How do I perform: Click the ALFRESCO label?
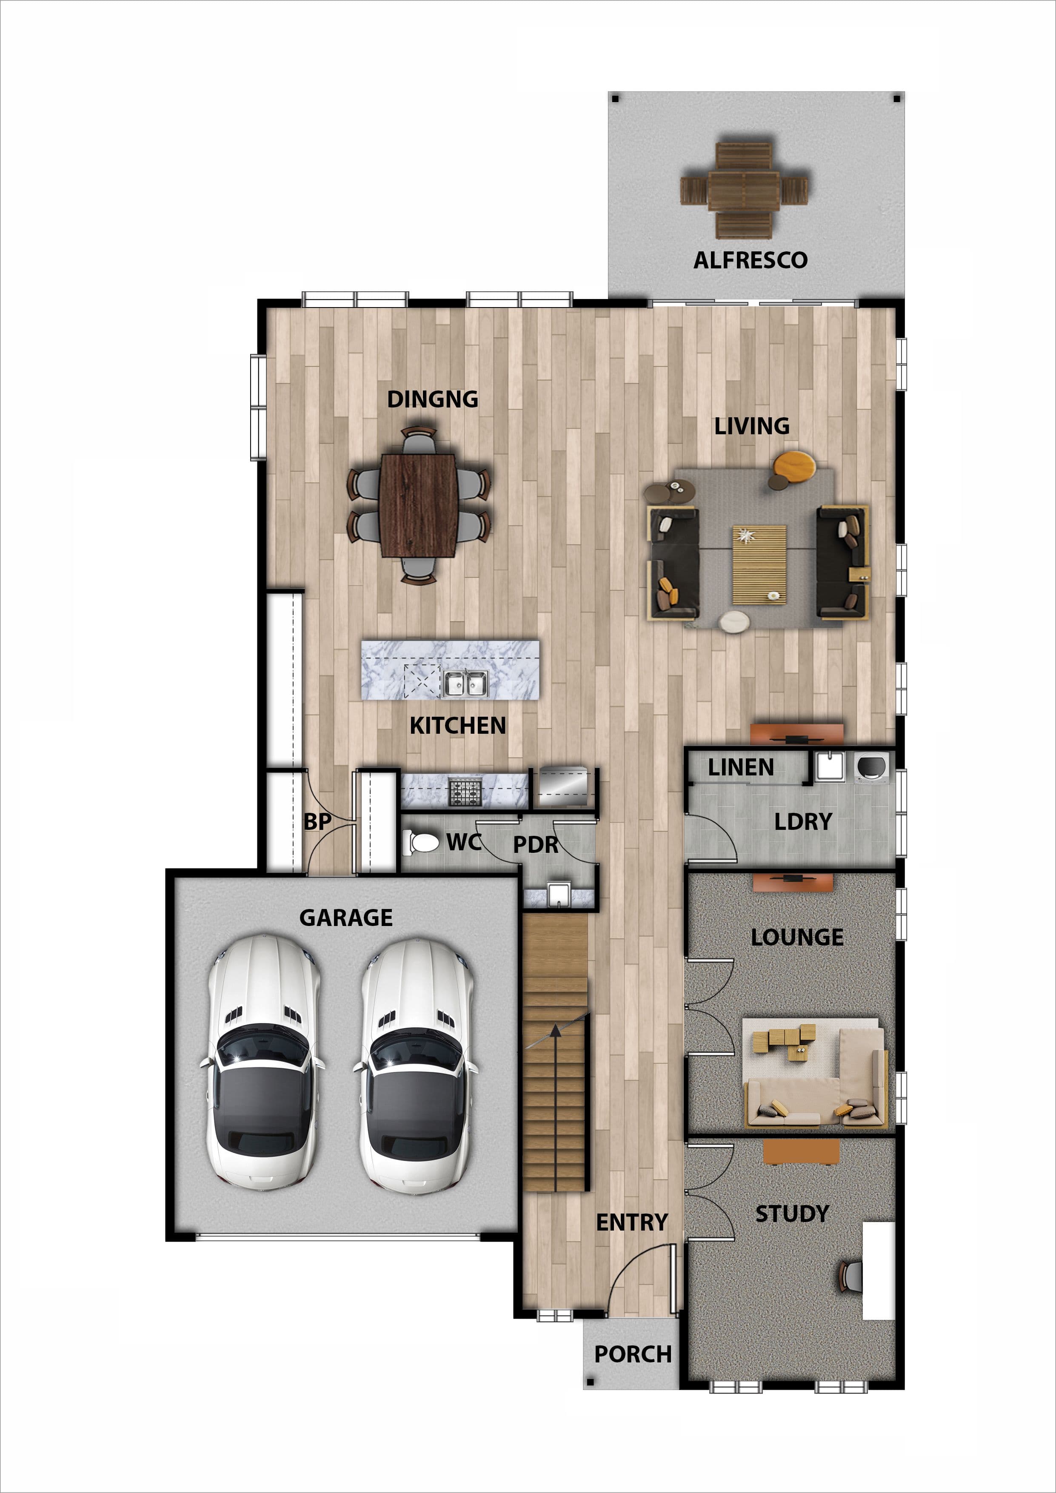tap(751, 260)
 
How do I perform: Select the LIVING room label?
tap(752, 426)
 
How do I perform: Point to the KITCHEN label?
tap(458, 726)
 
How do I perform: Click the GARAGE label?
tap(346, 917)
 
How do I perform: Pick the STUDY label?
tap(792, 1214)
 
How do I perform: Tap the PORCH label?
tap(633, 1354)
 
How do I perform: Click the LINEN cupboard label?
tap(741, 767)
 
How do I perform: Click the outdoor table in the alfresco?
tap(744, 191)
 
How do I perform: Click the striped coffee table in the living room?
tap(759, 564)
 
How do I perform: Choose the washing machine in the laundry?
tap(870, 767)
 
